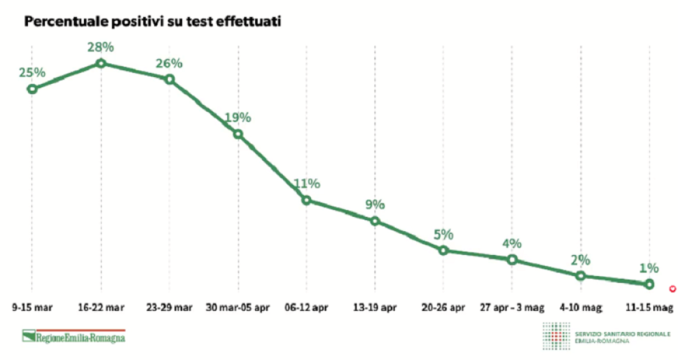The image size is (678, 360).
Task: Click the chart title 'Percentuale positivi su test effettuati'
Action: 153,22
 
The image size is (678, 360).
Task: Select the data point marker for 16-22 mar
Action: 101,63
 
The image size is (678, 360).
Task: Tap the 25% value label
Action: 32,72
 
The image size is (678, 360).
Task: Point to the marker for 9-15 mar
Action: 31,89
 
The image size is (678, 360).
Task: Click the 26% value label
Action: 169,63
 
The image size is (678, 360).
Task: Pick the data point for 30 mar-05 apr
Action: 238,134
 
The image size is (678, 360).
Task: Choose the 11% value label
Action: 307,183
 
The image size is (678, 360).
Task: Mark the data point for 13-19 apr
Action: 375,221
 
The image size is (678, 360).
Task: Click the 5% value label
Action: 443,235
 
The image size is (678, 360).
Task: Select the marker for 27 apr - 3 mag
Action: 512,259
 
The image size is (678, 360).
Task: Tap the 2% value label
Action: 580,260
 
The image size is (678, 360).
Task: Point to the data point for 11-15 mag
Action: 649,284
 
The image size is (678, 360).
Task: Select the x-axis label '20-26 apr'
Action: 443,307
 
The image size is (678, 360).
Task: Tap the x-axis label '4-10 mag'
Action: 580,307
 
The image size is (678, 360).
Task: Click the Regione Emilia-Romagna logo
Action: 74,336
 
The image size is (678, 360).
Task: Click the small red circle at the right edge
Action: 673,288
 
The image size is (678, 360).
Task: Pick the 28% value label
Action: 101,47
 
